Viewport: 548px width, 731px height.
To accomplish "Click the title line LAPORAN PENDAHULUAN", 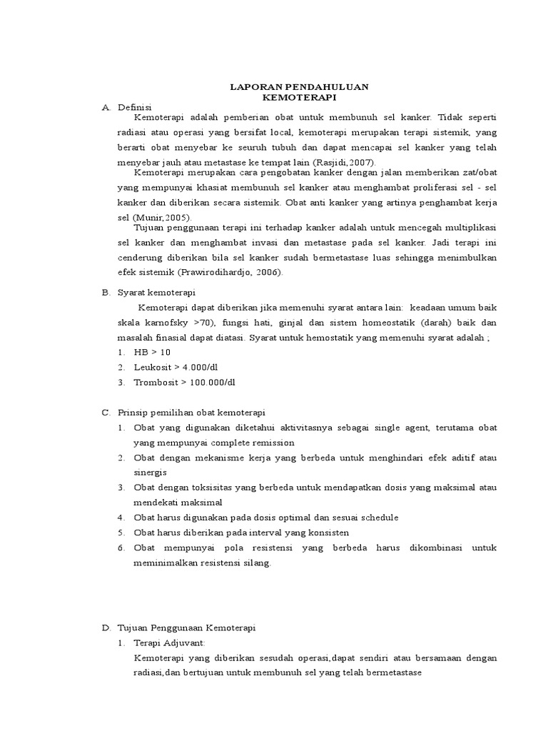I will [299, 86].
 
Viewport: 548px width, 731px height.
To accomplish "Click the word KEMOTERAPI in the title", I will [299, 96].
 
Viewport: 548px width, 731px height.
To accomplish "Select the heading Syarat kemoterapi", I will [156, 293].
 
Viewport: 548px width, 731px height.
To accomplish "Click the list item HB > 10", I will [152, 353].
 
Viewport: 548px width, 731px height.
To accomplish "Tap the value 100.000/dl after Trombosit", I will [209, 383].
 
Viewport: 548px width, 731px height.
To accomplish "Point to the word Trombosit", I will [156, 383].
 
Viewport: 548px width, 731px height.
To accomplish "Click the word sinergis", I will [150, 473].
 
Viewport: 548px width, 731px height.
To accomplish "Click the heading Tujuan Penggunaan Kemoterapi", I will [186, 628].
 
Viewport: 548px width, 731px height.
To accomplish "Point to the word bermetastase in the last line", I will [391, 673].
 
